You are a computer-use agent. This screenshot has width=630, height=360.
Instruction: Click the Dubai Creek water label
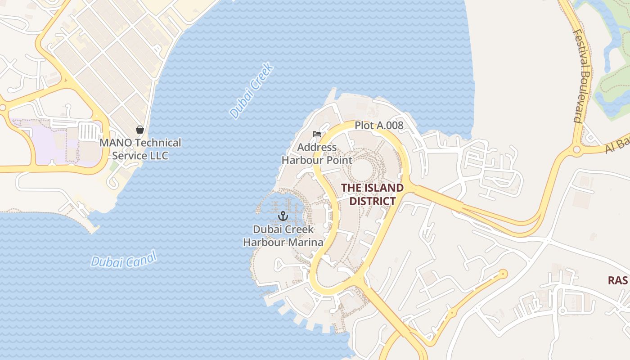click(x=252, y=91)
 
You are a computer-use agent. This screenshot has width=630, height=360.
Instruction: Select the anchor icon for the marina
click(x=283, y=216)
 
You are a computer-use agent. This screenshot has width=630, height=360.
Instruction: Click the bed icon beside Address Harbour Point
click(x=317, y=134)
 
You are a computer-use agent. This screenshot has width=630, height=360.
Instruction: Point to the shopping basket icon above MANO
click(x=140, y=130)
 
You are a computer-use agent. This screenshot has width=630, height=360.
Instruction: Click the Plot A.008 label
click(x=379, y=126)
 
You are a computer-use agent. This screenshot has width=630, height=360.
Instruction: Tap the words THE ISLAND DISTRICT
click(x=372, y=194)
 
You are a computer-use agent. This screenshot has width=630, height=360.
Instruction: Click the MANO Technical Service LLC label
click(x=140, y=149)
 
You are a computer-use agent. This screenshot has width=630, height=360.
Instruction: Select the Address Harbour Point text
click(x=317, y=153)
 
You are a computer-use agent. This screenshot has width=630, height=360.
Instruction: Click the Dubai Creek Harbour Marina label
click(x=283, y=236)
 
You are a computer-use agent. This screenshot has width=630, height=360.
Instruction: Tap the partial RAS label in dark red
click(x=617, y=280)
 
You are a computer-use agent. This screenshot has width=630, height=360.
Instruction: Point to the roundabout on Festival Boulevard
click(x=576, y=149)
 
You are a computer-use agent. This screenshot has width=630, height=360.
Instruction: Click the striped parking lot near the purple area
click(x=88, y=132)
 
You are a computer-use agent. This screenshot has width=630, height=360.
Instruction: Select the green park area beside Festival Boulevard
click(x=612, y=90)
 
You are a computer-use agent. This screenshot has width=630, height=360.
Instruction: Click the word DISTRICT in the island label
click(x=372, y=201)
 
